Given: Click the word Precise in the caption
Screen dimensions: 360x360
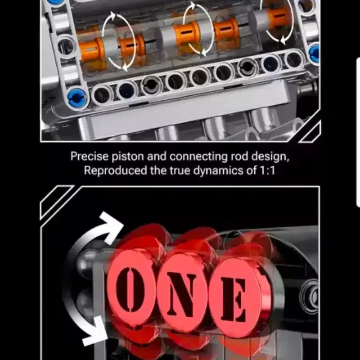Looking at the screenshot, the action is pos(89,156).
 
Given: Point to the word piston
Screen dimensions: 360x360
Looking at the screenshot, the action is pos(128,157).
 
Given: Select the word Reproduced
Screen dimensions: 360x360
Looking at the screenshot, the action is pos(116,171).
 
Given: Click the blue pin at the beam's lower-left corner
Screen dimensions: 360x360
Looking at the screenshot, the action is pos(77,98).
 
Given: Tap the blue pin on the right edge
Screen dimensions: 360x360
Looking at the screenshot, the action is pos(314,54).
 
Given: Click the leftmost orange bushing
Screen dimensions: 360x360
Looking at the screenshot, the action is pos(91,50).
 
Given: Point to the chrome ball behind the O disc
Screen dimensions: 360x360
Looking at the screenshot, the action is pos(87,262).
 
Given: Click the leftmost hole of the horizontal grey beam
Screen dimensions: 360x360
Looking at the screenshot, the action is pos(102,95).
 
